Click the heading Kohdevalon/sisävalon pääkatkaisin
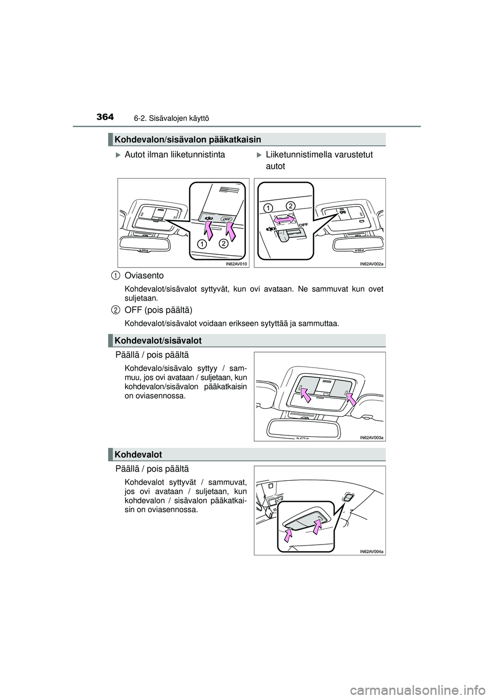188,139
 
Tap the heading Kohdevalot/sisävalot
158,340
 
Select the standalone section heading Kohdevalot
138,454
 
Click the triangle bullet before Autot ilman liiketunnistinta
118,154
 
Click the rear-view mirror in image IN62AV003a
304,427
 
